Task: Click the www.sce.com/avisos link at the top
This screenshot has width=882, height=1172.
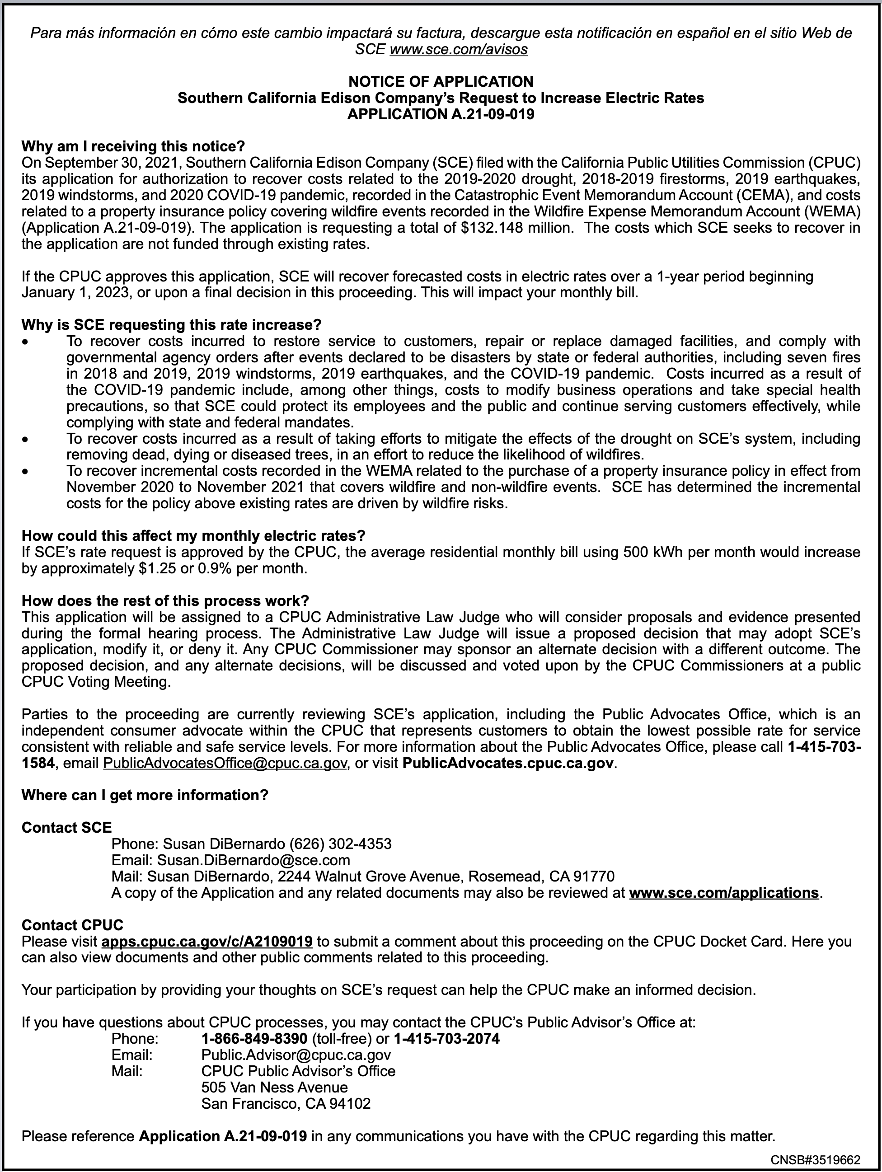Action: pos(458,50)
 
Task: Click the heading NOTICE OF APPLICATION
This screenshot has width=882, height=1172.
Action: pos(441,82)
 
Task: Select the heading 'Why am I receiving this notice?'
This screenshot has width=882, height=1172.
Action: pos(133,146)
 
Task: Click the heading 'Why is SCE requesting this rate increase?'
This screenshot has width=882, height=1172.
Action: pos(171,325)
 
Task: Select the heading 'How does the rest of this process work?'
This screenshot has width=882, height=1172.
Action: pos(165,601)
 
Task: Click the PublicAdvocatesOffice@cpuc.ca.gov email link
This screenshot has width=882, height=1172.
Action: pos(225,763)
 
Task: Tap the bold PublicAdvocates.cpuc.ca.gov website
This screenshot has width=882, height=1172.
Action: pos(508,763)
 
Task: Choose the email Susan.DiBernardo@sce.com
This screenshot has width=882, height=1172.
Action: pos(253,860)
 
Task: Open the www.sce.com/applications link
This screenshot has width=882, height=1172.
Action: pos(723,893)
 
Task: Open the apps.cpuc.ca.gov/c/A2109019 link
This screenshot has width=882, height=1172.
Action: pos(206,942)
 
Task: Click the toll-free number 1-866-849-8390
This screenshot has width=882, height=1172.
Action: pos(254,1038)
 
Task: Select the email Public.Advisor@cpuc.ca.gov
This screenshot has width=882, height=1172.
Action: pos(296,1055)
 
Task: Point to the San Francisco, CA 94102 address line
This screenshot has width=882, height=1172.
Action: pos(286,1104)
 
